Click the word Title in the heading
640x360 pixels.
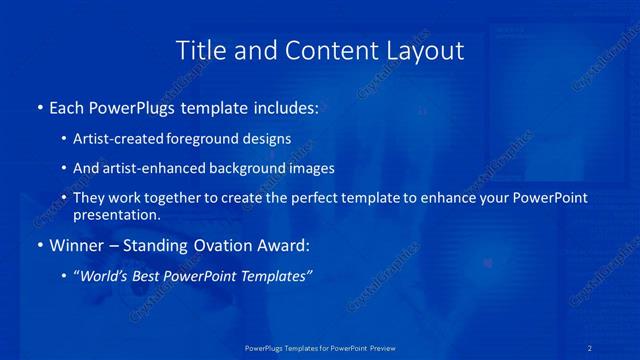coord(199,51)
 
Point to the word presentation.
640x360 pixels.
coord(116,214)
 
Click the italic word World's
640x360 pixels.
coord(105,277)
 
